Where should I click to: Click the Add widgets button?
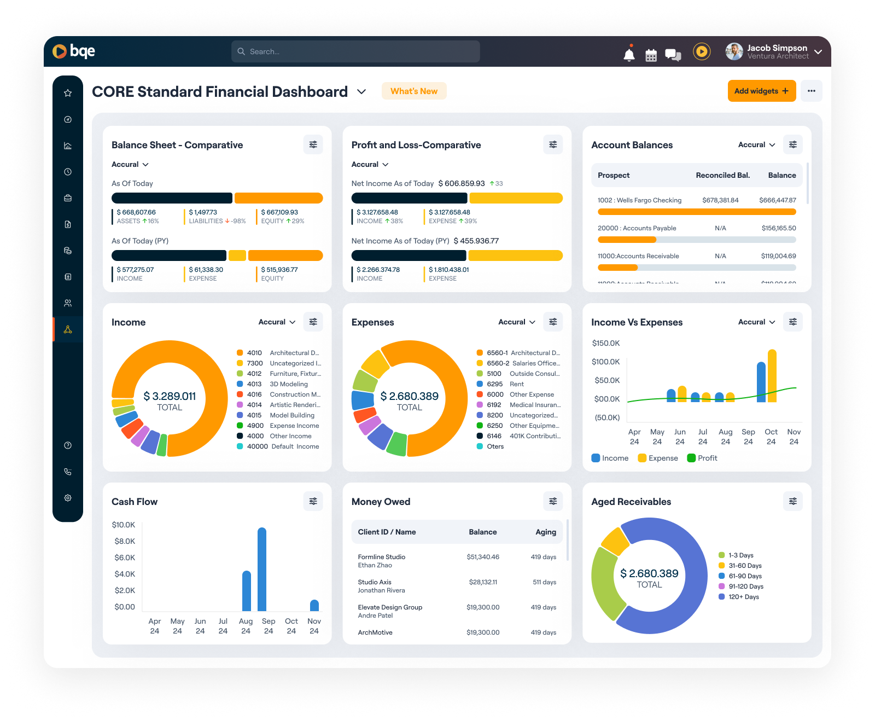(761, 91)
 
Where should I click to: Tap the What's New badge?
(414, 91)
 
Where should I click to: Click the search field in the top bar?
(355, 51)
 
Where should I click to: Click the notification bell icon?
(629, 54)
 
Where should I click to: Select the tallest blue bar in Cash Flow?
(262, 569)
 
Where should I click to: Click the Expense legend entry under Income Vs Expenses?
(658, 458)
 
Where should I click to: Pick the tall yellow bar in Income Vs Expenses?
(772, 376)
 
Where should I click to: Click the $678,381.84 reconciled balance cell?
(720, 200)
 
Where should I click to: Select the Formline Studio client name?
(382, 557)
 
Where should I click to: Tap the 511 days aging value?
(544, 582)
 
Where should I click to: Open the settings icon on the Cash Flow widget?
(313, 501)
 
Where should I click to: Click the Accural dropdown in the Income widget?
(277, 322)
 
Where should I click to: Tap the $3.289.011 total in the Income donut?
(170, 396)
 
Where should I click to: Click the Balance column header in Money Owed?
(483, 532)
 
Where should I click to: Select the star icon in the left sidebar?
(68, 93)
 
